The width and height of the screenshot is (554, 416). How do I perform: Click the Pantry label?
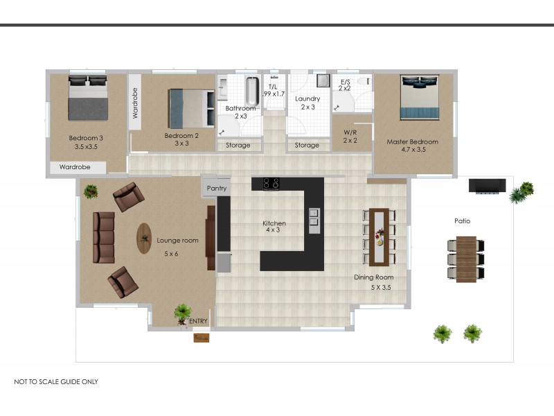(217, 188)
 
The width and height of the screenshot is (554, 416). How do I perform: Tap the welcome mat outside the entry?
(202, 338)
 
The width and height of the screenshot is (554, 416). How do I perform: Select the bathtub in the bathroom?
(252, 92)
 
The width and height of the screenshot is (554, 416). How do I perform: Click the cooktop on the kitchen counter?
(271, 183)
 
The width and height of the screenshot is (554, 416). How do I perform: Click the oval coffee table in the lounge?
(144, 238)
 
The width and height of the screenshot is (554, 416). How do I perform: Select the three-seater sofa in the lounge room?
(104, 237)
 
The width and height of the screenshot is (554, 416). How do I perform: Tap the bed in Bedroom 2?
(192, 108)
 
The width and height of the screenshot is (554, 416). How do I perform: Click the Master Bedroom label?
(412, 142)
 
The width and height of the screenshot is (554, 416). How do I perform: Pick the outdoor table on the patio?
(466, 259)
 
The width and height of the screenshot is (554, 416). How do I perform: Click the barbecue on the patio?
(488, 186)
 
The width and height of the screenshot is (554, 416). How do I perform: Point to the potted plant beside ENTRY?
(182, 314)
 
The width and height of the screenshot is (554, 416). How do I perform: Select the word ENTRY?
(198, 321)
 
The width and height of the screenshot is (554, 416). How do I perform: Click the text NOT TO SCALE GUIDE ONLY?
(56, 382)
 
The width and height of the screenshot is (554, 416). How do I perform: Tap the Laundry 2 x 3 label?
(307, 103)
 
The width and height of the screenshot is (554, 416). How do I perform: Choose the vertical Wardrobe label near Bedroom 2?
(135, 103)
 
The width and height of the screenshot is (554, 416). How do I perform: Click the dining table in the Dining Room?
(379, 237)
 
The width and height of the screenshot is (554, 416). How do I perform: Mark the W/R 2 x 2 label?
(350, 137)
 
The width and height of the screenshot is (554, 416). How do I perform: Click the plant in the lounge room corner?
(91, 191)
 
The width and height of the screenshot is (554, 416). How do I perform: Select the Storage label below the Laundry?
(307, 145)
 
